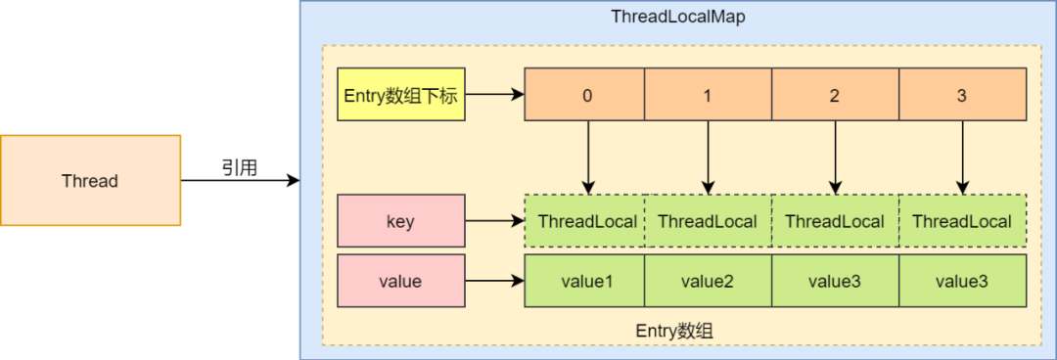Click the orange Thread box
click(x=90, y=181)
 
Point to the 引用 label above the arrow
click(x=238, y=168)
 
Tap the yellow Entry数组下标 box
click(x=400, y=95)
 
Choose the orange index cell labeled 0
click(x=585, y=95)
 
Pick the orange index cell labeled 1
click(x=708, y=95)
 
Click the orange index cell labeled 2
click(x=835, y=95)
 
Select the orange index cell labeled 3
click(x=962, y=95)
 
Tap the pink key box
click(x=400, y=221)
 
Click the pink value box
click(x=400, y=282)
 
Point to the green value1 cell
click(x=585, y=282)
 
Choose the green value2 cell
click(x=708, y=282)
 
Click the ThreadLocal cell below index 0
click(x=585, y=221)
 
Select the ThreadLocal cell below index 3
click(x=962, y=221)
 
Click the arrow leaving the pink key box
click(x=494, y=221)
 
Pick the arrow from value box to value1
click(x=494, y=282)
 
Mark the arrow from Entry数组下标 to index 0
click(x=494, y=95)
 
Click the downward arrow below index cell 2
click(x=835, y=157)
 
